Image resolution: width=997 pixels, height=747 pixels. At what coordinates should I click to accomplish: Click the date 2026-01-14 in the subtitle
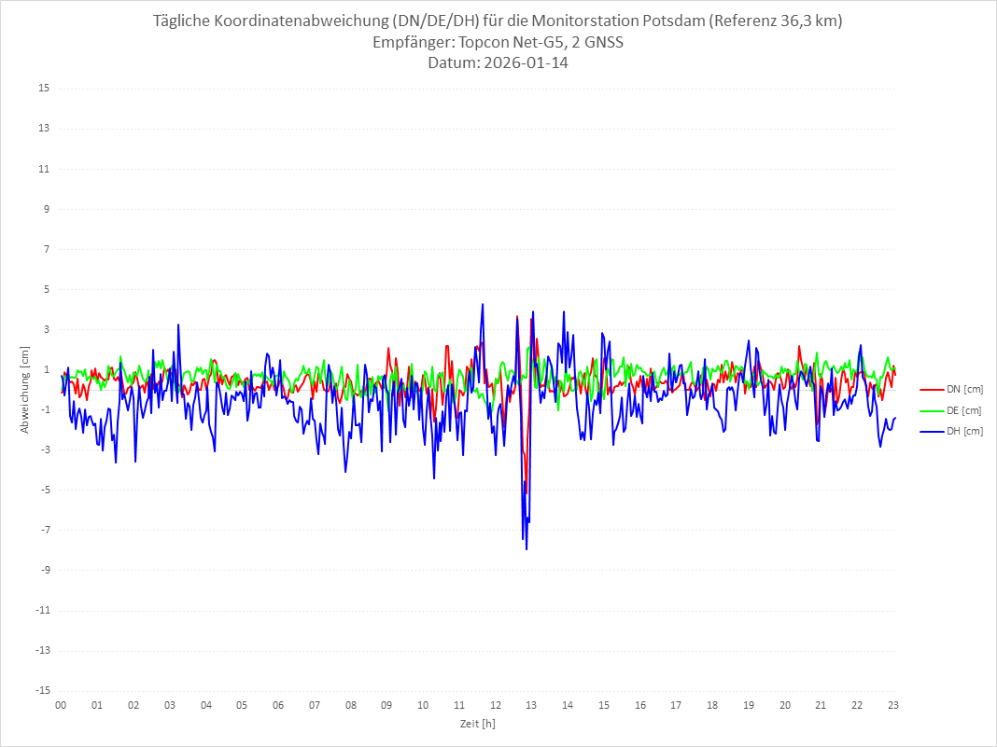[526, 63]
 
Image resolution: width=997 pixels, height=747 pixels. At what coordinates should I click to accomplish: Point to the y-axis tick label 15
[43, 89]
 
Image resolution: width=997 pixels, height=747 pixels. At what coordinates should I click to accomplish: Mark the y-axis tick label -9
[43, 571]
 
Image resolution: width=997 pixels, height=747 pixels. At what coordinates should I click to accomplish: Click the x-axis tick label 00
[61, 705]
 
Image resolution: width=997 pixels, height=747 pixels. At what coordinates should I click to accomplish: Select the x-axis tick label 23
[893, 705]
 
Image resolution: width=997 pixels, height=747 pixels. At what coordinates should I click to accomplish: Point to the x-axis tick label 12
[495, 705]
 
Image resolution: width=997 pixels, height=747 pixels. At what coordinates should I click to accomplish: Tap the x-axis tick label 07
[314, 705]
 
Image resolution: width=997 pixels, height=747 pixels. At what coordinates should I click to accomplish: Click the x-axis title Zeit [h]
[477, 723]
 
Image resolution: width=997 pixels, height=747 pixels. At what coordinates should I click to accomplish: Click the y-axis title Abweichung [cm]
[25, 390]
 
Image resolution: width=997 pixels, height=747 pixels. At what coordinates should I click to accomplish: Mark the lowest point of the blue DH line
[527, 549]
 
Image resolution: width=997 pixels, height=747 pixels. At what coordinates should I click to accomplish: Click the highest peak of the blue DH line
[483, 304]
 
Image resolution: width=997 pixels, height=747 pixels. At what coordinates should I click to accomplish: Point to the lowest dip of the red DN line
[527, 480]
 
